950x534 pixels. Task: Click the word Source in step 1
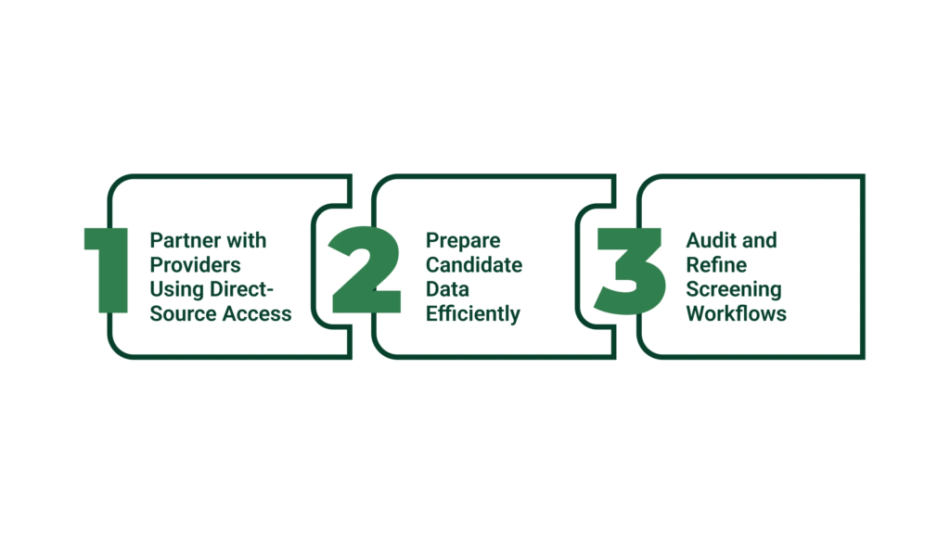pyautogui.click(x=182, y=313)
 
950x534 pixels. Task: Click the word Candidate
pyautogui.click(x=474, y=265)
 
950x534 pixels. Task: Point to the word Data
pyautogui.click(x=448, y=289)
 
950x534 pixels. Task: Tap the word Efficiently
pyautogui.click(x=473, y=313)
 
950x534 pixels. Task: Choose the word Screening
pyautogui.click(x=734, y=289)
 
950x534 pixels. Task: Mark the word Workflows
pyautogui.click(x=737, y=313)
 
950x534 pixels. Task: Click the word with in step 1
pyautogui.click(x=246, y=241)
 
